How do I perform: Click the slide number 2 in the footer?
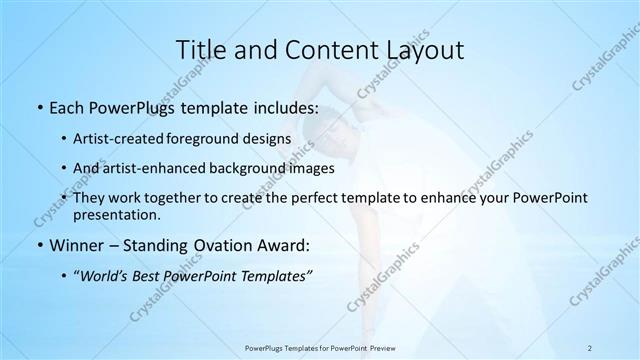click(x=590, y=347)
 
